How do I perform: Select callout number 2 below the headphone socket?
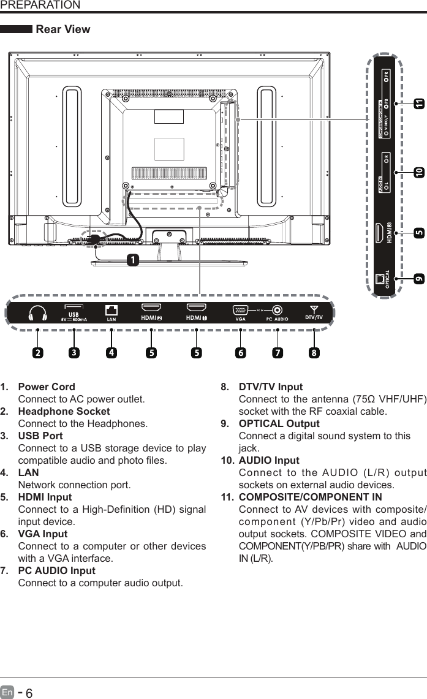point(38,353)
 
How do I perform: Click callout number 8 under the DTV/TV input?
point(314,353)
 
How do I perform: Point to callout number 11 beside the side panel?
point(419,105)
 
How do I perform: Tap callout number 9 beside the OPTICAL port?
point(419,278)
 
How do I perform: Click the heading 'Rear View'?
point(63,29)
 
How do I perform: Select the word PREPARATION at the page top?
point(40,6)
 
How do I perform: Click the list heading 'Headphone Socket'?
point(64,411)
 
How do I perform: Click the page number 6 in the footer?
point(29,692)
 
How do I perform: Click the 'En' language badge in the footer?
point(7,692)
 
